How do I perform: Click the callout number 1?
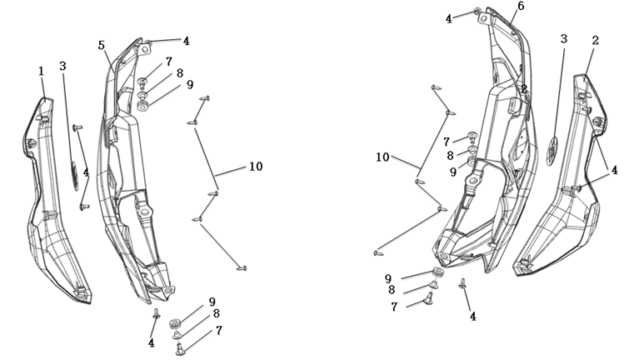41,72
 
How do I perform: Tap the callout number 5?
101,46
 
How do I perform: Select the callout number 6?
520,7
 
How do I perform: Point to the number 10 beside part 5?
255,167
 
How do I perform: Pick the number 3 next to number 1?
63,66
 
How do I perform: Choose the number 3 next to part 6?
564,39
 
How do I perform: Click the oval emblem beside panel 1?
73,172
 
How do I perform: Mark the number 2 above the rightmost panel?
596,39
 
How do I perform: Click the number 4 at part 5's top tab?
186,40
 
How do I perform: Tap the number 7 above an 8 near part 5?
168,62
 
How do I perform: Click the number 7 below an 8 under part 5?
218,331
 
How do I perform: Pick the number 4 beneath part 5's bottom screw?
152,342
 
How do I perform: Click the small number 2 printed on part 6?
523,89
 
